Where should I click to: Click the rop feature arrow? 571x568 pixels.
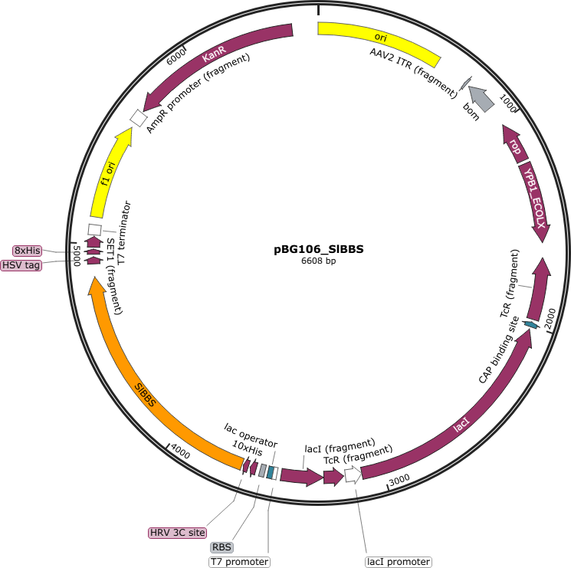(x=514, y=145)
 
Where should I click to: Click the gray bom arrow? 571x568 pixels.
(x=481, y=98)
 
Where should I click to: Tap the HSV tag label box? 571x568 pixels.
(x=21, y=265)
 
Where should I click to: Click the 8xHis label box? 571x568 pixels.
(x=28, y=251)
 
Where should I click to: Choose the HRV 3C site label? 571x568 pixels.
(x=177, y=533)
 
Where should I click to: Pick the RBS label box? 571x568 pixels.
(x=222, y=547)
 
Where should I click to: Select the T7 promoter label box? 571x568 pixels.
(x=240, y=562)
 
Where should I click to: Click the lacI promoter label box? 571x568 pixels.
(x=399, y=562)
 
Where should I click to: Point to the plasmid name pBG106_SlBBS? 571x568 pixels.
(x=319, y=249)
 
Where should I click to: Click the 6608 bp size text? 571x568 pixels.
(x=319, y=261)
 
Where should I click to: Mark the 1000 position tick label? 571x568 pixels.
(x=508, y=103)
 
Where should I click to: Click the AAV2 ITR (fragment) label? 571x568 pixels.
(x=414, y=73)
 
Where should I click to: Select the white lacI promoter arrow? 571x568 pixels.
(x=353, y=474)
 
